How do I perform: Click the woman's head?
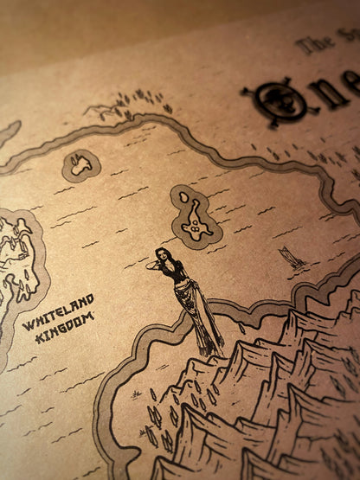tap(162, 255)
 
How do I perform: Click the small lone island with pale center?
tap(81, 163)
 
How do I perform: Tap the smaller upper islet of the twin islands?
tap(184, 197)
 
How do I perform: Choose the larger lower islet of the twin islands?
tap(198, 221)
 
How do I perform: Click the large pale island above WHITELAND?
tap(17, 255)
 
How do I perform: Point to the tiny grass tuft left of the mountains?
tap(137, 394)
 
